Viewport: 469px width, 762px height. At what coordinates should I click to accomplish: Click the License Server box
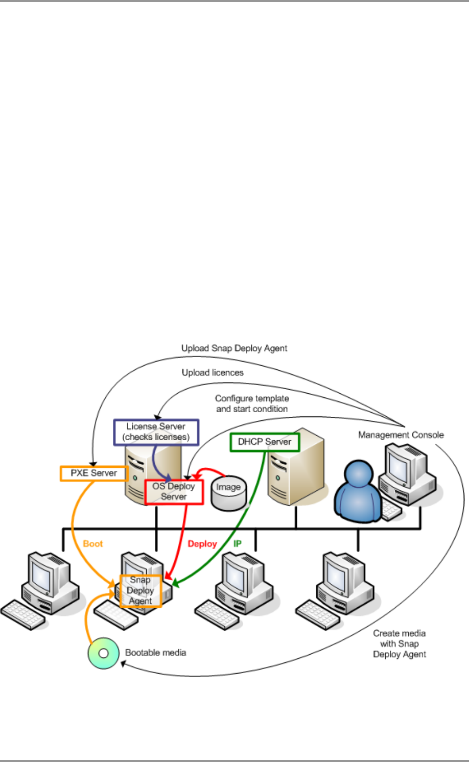pyautogui.click(x=156, y=432)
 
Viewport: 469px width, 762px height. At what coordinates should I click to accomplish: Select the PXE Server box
pyautogui.click(x=93, y=473)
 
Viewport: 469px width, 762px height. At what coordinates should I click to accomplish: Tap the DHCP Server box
pyautogui.click(x=265, y=442)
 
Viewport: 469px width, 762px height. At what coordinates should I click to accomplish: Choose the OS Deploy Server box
pyautogui.click(x=174, y=492)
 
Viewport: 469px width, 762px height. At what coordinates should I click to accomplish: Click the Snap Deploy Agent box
pyautogui.click(x=140, y=590)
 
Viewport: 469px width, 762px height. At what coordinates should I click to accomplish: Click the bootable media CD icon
pyautogui.click(x=103, y=653)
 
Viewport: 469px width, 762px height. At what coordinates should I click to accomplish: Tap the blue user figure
pyautogui.click(x=358, y=490)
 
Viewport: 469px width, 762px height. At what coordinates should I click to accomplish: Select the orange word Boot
pyautogui.click(x=93, y=544)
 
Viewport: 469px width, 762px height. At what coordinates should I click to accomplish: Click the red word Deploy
pyautogui.click(x=202, y=544)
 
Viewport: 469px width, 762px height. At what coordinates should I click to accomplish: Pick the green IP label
pyautogui.click(x=237, y=544)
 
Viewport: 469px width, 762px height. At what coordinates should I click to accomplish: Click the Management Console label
pyautogui.click(x=401, y=435)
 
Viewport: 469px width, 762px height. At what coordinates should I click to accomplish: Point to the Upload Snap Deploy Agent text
pyautogui.click(x=235, y=348)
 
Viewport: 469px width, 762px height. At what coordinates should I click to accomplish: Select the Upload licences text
pyautogui.click(x=213, y=373)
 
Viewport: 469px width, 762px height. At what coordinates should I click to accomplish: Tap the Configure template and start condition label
pyautogui.click(x=252, y=403)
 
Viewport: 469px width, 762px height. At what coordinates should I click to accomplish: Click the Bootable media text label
pyautogui.click(x=156, y=653)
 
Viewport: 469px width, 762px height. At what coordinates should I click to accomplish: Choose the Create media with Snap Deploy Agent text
pyautogui.click(x=400, y=644)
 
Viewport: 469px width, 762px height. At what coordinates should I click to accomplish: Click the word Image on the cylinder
pyautogui.click(x=228, y=487)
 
